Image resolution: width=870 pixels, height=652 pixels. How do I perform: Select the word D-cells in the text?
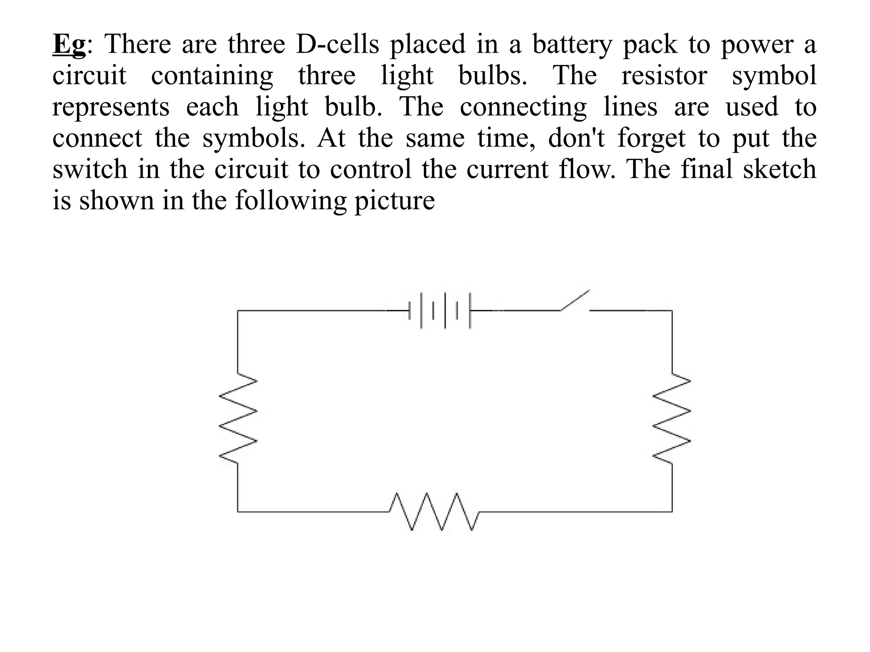[x=337, y=44]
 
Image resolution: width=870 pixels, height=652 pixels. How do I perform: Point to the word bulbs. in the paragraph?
[x=493, y=76]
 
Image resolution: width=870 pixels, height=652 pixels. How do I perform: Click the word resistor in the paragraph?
[x=664, y=76]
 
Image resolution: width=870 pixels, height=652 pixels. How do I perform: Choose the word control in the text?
[x=371, y=169]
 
